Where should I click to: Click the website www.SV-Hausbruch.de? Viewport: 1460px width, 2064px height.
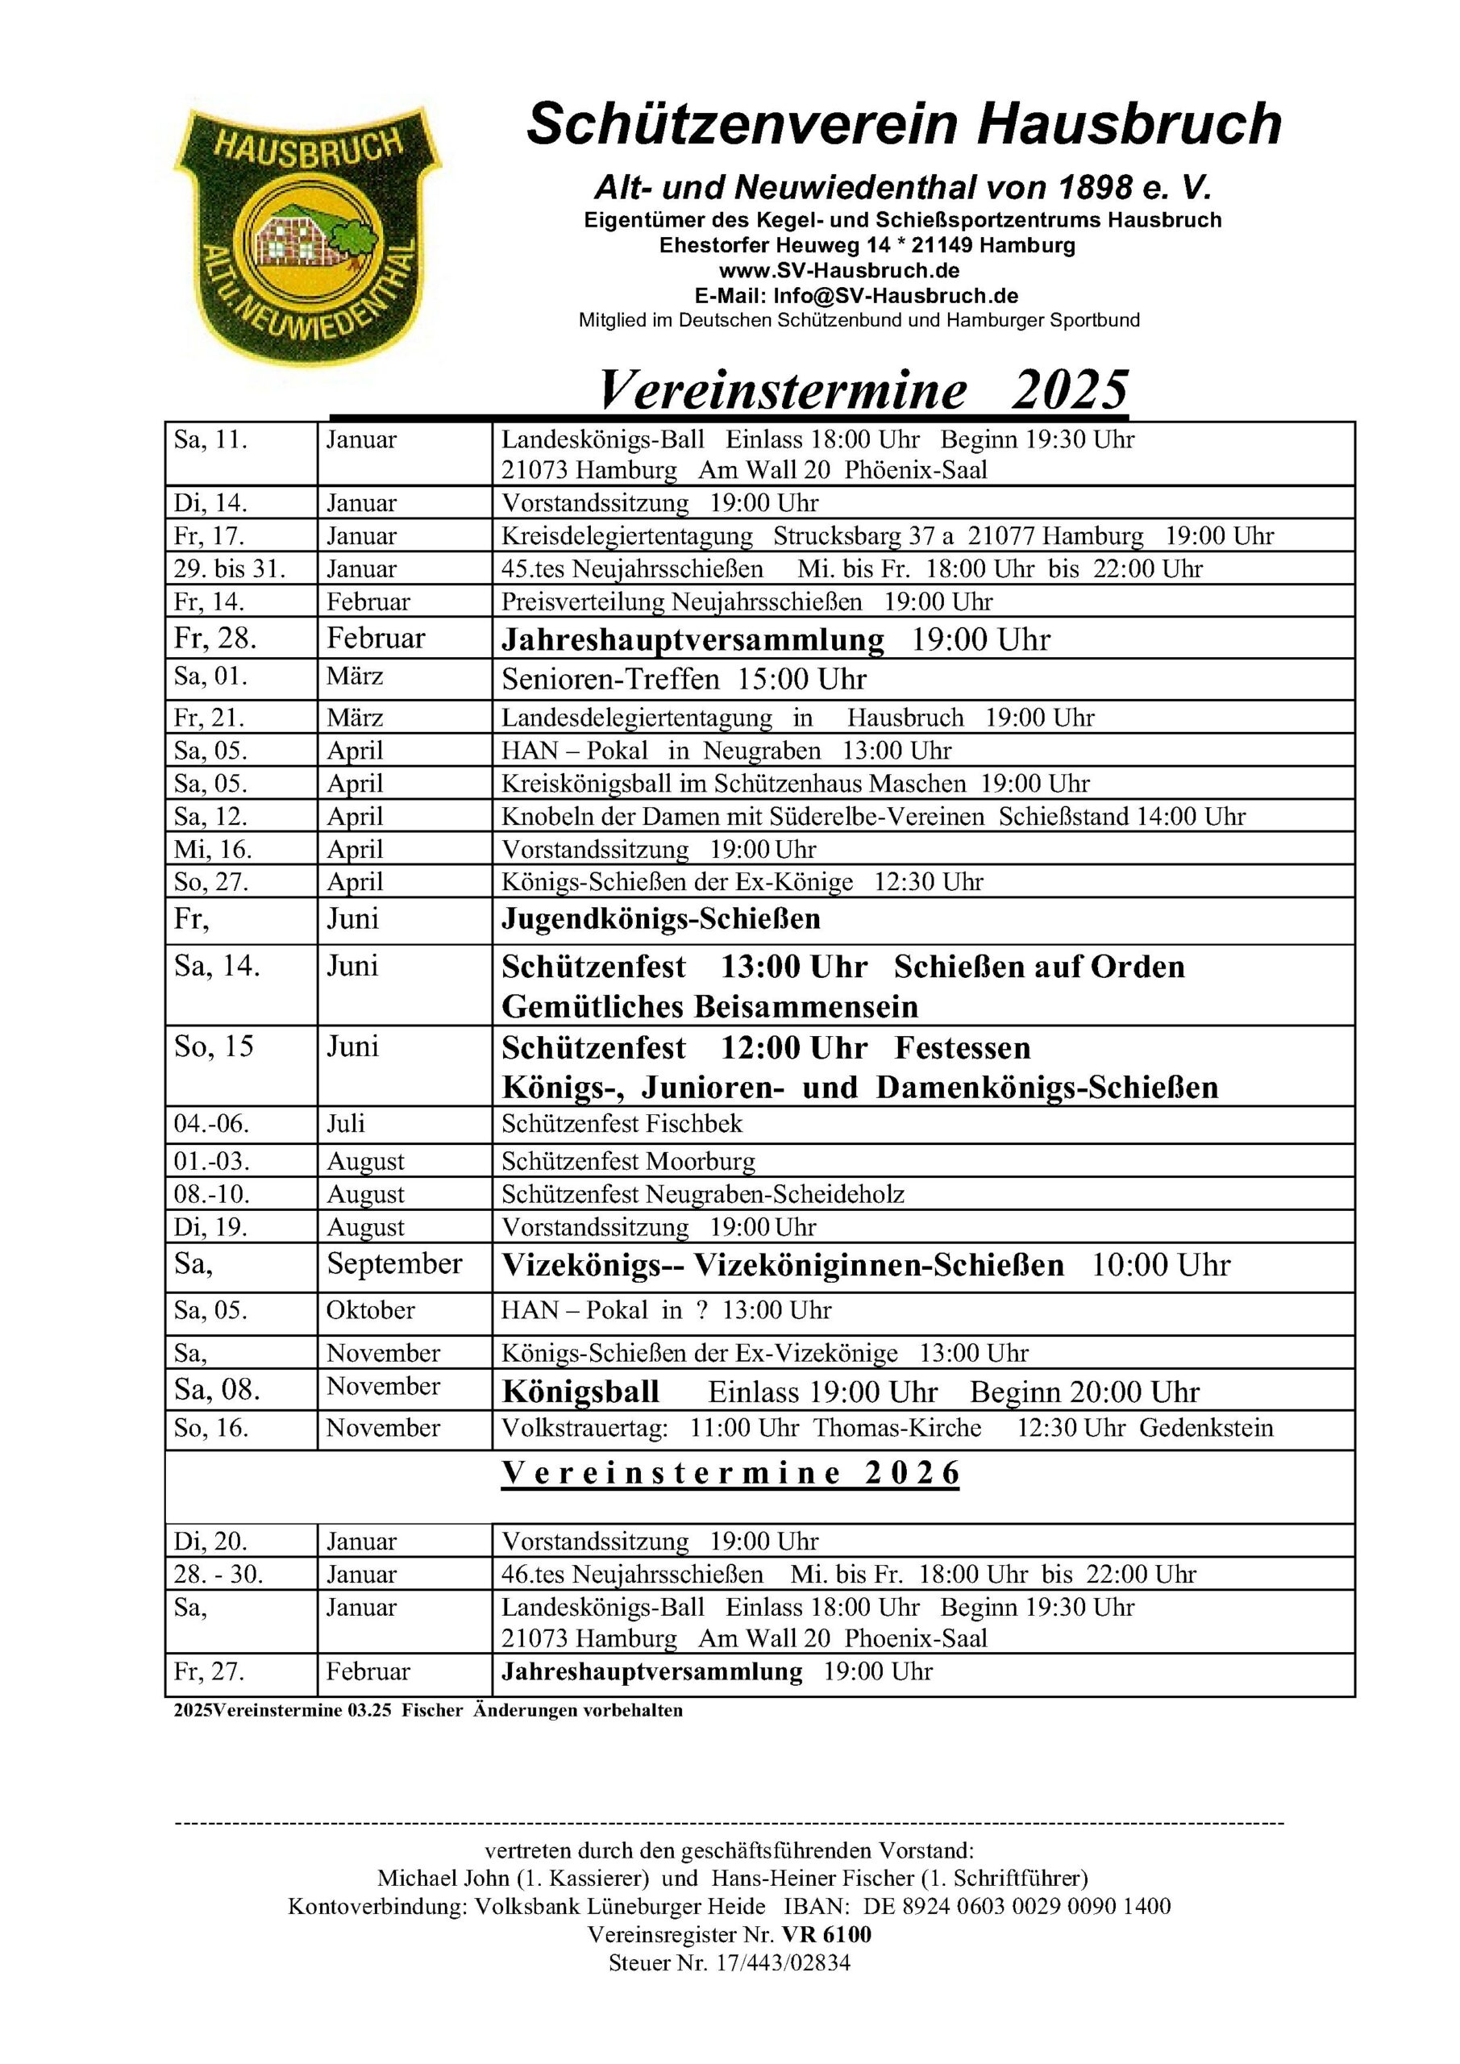point(838,271)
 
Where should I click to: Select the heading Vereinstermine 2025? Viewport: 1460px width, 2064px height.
point(863,391)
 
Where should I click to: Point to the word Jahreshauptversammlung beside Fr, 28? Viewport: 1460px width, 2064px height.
point(693,640)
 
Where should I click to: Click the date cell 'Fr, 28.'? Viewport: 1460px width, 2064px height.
point(216,639)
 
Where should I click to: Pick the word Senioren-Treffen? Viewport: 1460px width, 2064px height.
point(610,680)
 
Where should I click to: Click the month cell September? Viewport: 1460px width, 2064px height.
point(393,1264)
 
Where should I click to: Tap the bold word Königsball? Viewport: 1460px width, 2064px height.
point(580,1392)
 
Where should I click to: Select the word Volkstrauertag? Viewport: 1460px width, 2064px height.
point(584,1429)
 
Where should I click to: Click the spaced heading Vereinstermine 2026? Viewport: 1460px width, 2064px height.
point(730,1473)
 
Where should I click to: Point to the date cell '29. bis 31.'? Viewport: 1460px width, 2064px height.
point(230,569)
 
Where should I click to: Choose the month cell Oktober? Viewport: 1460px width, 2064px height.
point(370,1310)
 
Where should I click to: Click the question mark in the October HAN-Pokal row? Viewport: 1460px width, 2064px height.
point(701,1311)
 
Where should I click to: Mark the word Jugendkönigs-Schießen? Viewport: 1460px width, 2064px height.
point(661,920)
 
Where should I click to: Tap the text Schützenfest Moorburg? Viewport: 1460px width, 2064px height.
point(628,1162)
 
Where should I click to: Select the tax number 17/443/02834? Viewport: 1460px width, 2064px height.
point(782,1962)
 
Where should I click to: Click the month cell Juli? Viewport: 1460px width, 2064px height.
point(345,1124)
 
